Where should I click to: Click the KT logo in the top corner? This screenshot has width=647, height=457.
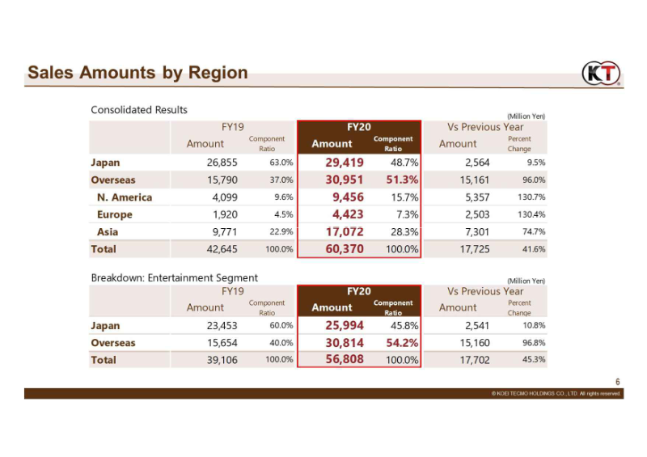point(601,73)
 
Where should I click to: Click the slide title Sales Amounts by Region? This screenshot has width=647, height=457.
point(137,72)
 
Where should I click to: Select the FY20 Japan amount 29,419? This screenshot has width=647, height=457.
point(345,163)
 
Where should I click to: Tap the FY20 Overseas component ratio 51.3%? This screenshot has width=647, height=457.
point(402,180)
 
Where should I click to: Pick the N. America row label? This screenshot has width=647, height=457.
point(125,197)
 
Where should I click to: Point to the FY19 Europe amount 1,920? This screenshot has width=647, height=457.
point(225,214)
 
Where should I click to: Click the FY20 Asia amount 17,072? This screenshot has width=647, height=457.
point(345,231)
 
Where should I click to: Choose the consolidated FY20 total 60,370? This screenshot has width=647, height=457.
point(345,249)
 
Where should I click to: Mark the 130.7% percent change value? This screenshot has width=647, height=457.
point(531,197)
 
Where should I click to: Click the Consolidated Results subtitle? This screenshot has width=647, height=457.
point(139,110)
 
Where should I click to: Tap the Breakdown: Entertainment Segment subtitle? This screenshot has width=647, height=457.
point(175,277)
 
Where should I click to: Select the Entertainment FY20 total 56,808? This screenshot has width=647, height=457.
point(345,359)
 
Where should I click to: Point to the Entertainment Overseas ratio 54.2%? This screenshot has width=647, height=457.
point(402,343)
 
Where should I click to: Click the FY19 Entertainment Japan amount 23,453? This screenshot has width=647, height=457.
point(222,326)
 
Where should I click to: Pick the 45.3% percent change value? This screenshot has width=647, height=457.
point(534,360)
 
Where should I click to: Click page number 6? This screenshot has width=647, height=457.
point(618,382)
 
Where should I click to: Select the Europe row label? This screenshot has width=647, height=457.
point(115,214)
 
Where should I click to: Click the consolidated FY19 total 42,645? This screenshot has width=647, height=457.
point(222,249)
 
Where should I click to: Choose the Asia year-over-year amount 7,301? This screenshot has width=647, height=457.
point(477,232)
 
